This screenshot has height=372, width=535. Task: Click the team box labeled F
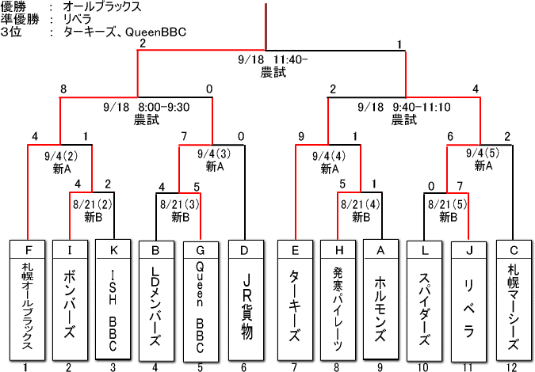26,299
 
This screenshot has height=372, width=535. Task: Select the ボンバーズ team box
70,299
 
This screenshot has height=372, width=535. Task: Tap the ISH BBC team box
113,299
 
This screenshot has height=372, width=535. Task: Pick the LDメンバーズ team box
156,299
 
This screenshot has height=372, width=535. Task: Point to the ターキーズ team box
295,299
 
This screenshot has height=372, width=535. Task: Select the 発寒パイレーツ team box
338,299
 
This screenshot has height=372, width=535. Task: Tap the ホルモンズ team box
381,299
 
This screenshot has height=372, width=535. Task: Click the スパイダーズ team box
425,299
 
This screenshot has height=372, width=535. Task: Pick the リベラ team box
468,299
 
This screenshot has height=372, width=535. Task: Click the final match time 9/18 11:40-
273,60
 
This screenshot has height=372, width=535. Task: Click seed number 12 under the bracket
512,366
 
